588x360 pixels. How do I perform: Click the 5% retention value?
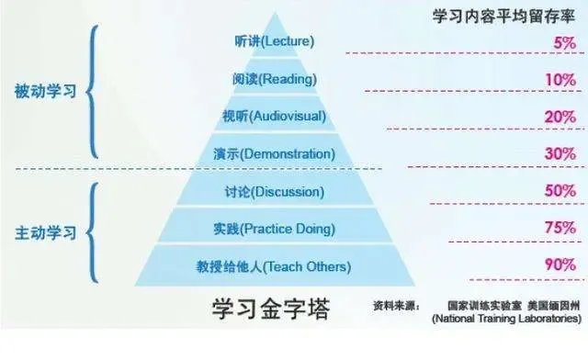[x=564, y=43]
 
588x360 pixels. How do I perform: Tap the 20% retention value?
[x=559, y=117]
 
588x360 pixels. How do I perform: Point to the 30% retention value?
[x=559, y=153]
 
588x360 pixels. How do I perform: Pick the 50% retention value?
[x=559, y=190]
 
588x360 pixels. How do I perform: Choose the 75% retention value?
[x=559, y=227]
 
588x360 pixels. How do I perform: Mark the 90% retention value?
[x=559, y=265]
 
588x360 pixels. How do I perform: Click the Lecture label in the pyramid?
[x=274, y=42]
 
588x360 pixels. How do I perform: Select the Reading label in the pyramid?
[x=273, y=79]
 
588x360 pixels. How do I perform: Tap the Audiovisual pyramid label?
[x=274, y=117]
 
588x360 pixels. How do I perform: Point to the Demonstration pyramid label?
[x=273, y=153]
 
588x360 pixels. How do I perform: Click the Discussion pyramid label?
[x=273, y=192]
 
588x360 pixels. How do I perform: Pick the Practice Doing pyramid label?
[x=273, y=228]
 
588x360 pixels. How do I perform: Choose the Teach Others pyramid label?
[x=273, y=266]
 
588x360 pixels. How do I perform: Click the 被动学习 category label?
[x=45, y=92]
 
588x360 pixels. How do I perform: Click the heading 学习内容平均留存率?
[x=503, y=16]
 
